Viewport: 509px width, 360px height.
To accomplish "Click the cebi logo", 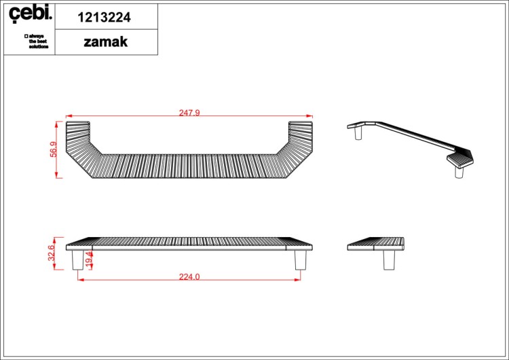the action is [x=30, y=14].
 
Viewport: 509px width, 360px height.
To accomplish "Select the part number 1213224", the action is [x=105, y=17].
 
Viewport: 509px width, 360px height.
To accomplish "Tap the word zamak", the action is [x=105, y=42].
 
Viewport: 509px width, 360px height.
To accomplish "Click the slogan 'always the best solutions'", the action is [x=37, y=41].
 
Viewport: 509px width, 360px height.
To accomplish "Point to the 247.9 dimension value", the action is [x=189, y=113].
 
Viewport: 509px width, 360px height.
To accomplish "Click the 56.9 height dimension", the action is [x=53, y=149].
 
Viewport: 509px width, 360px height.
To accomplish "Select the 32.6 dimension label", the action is [x=52, y=253].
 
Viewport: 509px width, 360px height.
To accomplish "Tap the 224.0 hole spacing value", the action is [x=189, y=277].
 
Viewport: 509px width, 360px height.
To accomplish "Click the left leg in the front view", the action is [x=77, y=260].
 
